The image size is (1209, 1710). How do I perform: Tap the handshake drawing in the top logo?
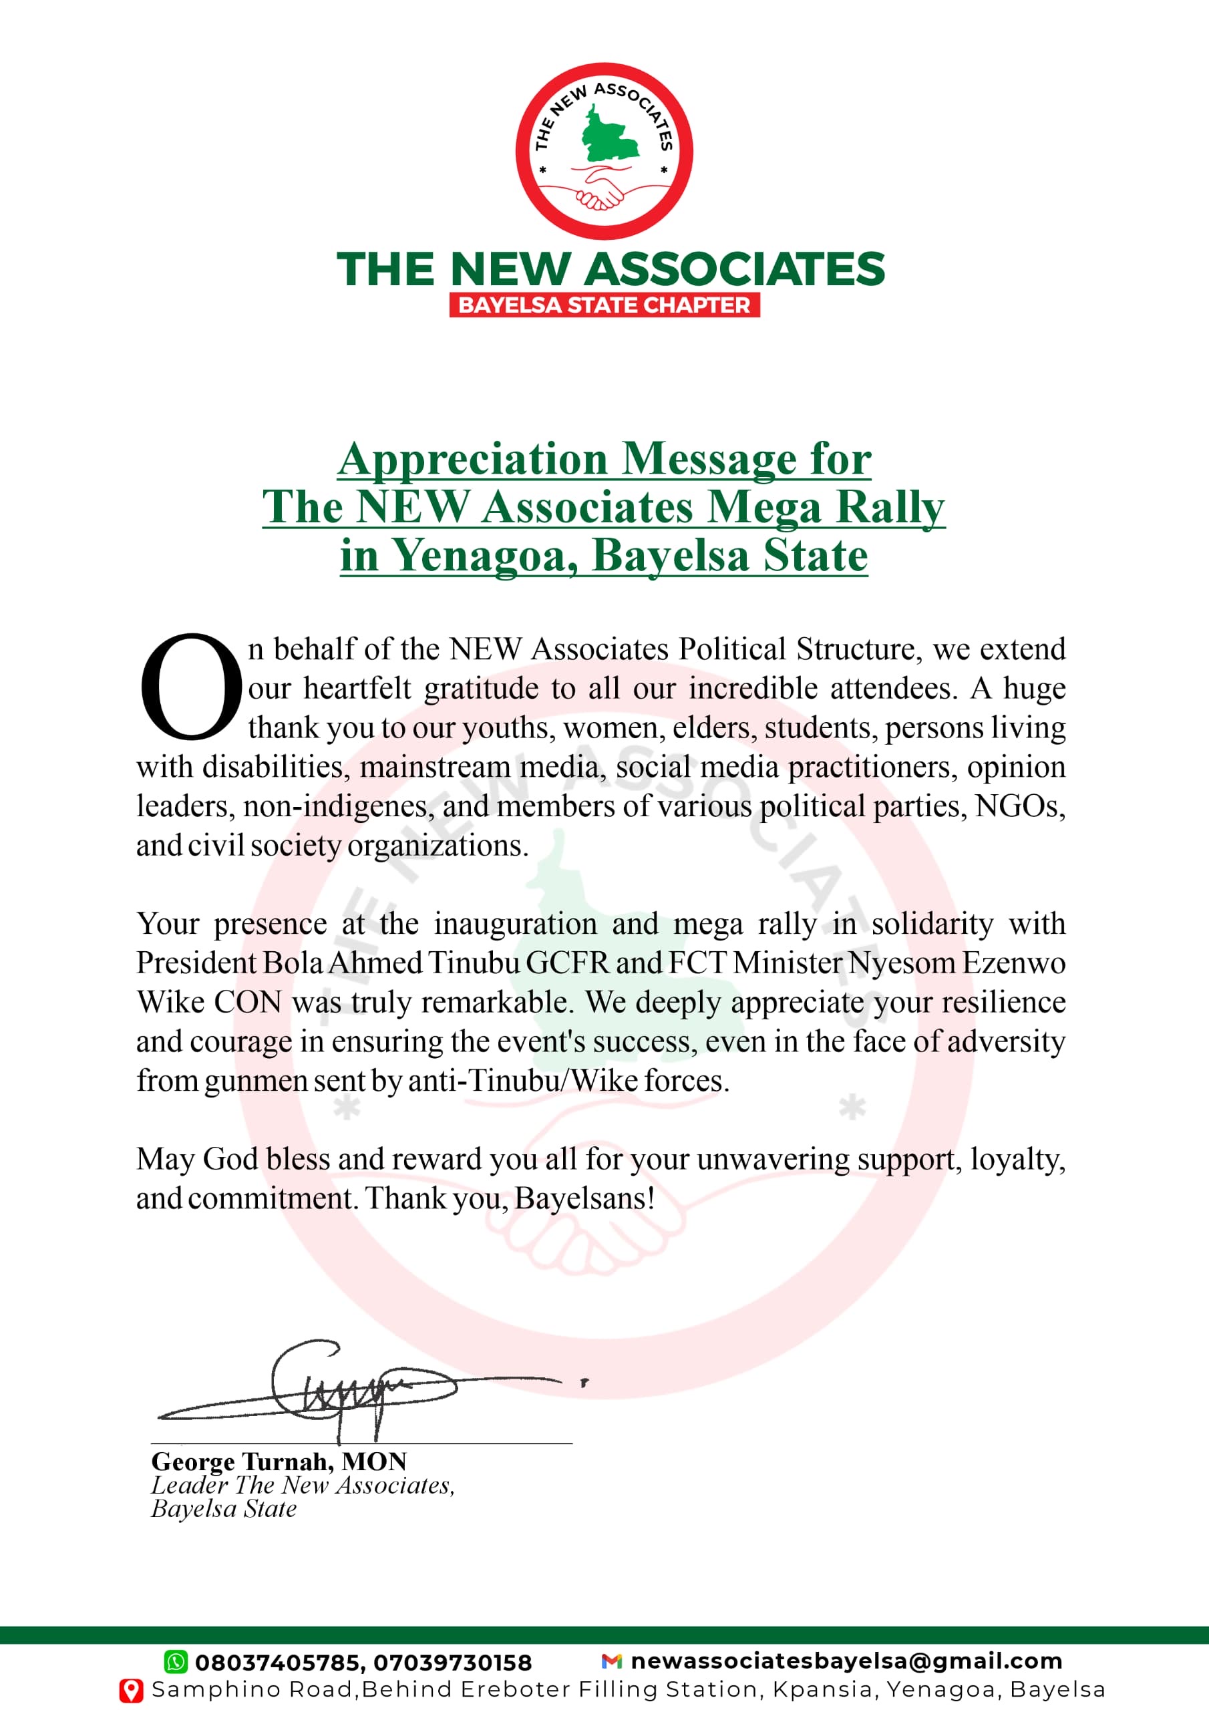(x=602, y=189)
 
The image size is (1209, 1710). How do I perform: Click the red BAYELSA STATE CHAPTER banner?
(x=604, y=305)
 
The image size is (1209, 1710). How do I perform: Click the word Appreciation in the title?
(x=473, y=459)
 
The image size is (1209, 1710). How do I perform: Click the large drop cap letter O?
(x=190, y=687)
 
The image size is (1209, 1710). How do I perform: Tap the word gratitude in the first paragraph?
(x=480, y=688)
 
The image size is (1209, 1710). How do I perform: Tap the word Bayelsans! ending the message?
(x=584, y=1198)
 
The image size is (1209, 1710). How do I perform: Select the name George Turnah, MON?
(x=279, y=1462)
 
